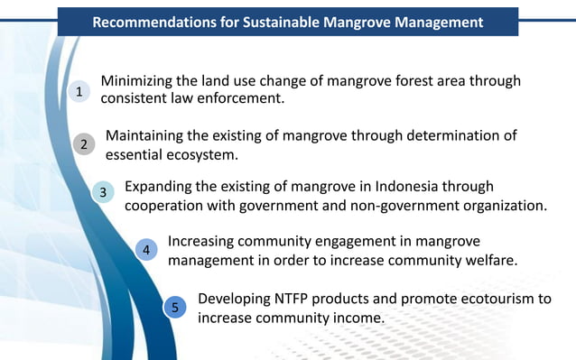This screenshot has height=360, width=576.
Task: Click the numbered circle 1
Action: pyautogui.click(x=79, y=91)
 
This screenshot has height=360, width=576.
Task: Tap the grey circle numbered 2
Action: pyautogui.click(x=84, y=144)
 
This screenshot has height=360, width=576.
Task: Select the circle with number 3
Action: pyautogui.click(x=103, y=192)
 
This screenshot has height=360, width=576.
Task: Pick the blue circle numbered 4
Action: pyautogui.click(x=146, y=250)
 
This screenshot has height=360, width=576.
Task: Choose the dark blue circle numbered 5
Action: pyautogui.click(x=176, y=308)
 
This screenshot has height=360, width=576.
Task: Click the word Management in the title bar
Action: pyautogui.click(x=434, y=22)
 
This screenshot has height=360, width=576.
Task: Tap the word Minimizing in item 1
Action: pyautogui.click(x=140, y=81)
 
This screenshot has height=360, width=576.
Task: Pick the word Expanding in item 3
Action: pyautogui.click(x=160, y=188)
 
